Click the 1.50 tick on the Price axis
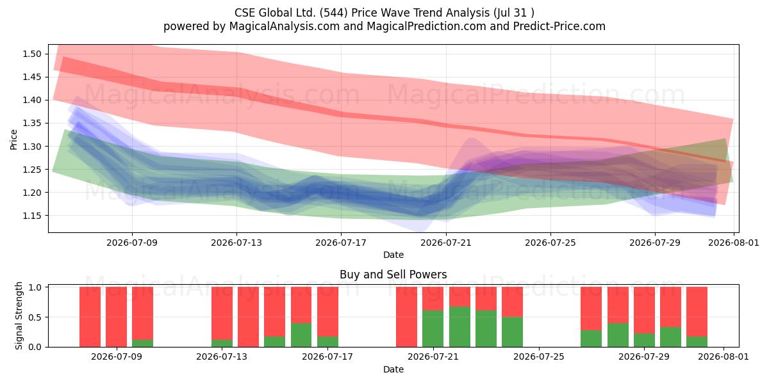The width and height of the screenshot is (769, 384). coord(32,54)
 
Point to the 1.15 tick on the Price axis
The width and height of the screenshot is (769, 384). coord(32,216)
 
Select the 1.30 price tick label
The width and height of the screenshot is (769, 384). coord(32,147)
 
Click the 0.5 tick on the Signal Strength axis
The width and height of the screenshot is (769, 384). coord(35,317)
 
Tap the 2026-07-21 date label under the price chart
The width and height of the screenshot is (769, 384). coord(446,243)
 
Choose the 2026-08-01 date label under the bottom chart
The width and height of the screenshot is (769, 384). coord(724,356)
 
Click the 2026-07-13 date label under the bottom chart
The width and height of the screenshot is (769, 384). coord(222,356)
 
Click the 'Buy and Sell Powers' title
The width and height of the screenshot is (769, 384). coord(393,275)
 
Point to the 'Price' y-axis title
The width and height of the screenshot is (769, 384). coord(13,140)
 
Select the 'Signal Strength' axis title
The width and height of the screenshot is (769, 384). coord(19,316)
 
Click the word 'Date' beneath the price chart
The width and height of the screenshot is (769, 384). coord(393,255)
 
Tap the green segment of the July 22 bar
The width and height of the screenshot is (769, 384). coord(459,327)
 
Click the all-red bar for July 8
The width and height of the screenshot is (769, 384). coord(117,317)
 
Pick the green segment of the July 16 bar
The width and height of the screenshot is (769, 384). coord(301,335)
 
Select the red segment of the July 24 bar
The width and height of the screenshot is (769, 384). coord(512,301)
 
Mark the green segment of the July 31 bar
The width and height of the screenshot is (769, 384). coord(697,342)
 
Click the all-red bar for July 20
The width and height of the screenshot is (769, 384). coord(406,317)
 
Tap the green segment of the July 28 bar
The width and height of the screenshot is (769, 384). coord(618,335)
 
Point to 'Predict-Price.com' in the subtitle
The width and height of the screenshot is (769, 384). coord(559,26)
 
